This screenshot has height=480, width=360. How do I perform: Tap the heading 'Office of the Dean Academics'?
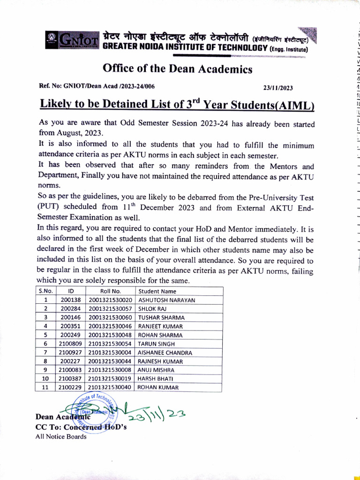pyautogui.click(x=177, y=69)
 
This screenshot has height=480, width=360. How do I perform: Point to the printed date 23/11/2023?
pyautogui.click(x=278, y=88)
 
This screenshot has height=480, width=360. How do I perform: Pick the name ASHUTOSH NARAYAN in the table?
pyautogui.click(x=166, y=300)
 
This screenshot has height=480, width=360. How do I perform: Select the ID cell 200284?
pyautogui.click(x=71, y=309)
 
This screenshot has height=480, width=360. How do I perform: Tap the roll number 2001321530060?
pyautogui.click(x=110, y=317)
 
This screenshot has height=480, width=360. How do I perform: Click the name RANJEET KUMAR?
pyautogui.click(x=160, y=326)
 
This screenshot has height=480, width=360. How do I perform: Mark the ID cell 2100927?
pyautogui.click(x=71, y=352)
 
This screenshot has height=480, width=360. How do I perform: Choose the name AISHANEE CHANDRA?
pyautogui.click(x=165, y=352)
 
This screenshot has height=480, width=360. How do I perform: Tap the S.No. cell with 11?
pyautogui.click(x=45, y=387)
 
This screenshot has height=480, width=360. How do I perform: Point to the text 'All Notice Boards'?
pyautogui.click(x=61, y=437)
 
